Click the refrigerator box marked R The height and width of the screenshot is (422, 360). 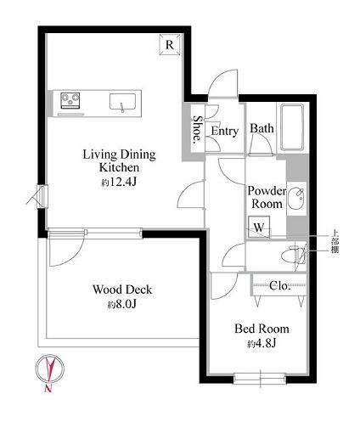[170, 44]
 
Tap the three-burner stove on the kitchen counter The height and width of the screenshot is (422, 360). [70, 100]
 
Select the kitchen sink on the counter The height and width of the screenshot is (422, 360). [122, 102]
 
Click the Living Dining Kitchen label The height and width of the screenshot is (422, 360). [119, 160]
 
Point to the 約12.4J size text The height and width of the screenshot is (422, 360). [119, 182]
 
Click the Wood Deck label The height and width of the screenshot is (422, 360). [122, 290]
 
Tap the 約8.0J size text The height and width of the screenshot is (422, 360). [122, 305]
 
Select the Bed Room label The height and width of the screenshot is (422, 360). [262, 329]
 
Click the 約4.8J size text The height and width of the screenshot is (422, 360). [262, 344]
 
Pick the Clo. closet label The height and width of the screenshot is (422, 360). [279, 286]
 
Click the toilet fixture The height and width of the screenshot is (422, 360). [294, 254]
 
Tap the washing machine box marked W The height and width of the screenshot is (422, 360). [259, 227]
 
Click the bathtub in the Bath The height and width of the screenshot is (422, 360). [292, 127]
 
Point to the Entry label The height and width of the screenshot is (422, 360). [225, 132]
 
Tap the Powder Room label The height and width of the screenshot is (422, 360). [267, 197]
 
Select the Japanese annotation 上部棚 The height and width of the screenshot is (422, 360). [335, 242]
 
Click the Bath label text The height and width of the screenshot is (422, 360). [262, 128]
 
